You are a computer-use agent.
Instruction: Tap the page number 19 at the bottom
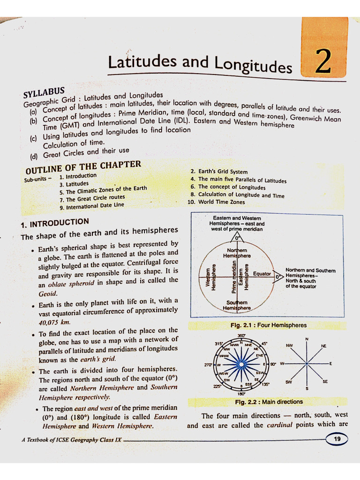337,439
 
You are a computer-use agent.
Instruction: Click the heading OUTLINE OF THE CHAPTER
83,167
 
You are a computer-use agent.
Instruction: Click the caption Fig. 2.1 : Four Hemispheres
268,325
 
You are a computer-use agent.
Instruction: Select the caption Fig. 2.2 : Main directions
269,402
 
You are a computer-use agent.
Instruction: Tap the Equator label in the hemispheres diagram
262,274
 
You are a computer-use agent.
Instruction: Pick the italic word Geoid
48,293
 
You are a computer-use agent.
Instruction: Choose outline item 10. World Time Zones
216,202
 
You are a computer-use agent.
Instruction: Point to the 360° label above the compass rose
241,336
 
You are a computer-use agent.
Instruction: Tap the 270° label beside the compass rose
209,364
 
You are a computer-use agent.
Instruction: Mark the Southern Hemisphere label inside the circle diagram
237,305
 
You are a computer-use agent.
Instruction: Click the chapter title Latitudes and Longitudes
199,64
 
